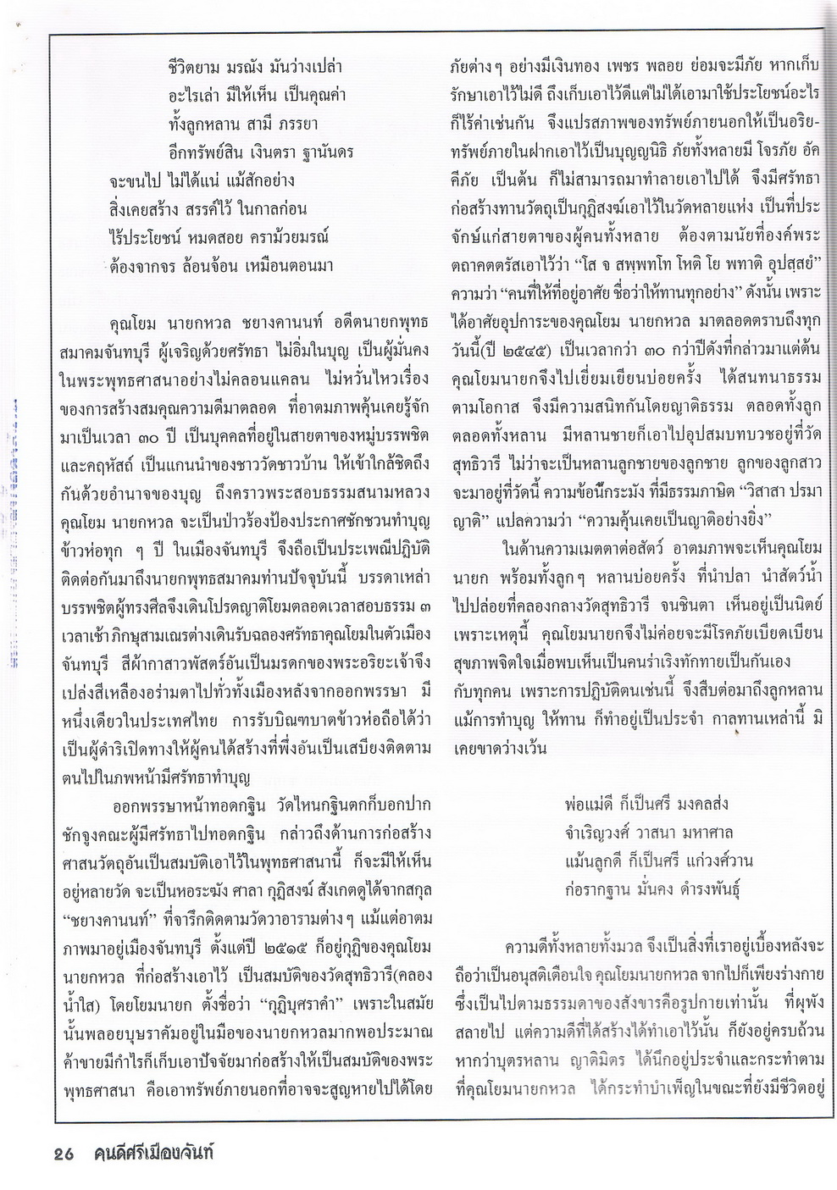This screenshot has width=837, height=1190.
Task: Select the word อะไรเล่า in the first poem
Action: [x=196, y=95]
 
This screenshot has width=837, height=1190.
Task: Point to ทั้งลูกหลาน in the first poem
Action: [x=203, y=124]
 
